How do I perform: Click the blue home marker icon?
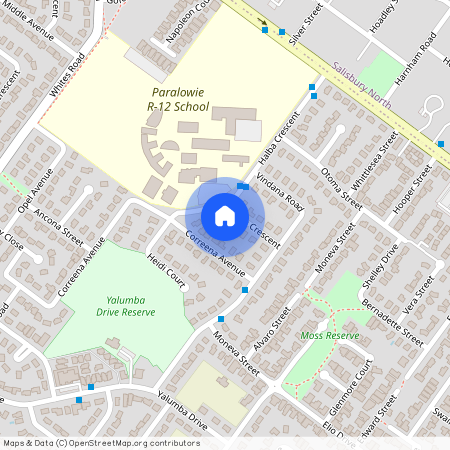click(225, 215)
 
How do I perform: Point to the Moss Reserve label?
click(329, 335)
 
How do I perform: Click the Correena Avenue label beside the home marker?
click(215, 253)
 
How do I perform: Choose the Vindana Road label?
click(280, 187)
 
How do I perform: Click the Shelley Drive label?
click(383, 262)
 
